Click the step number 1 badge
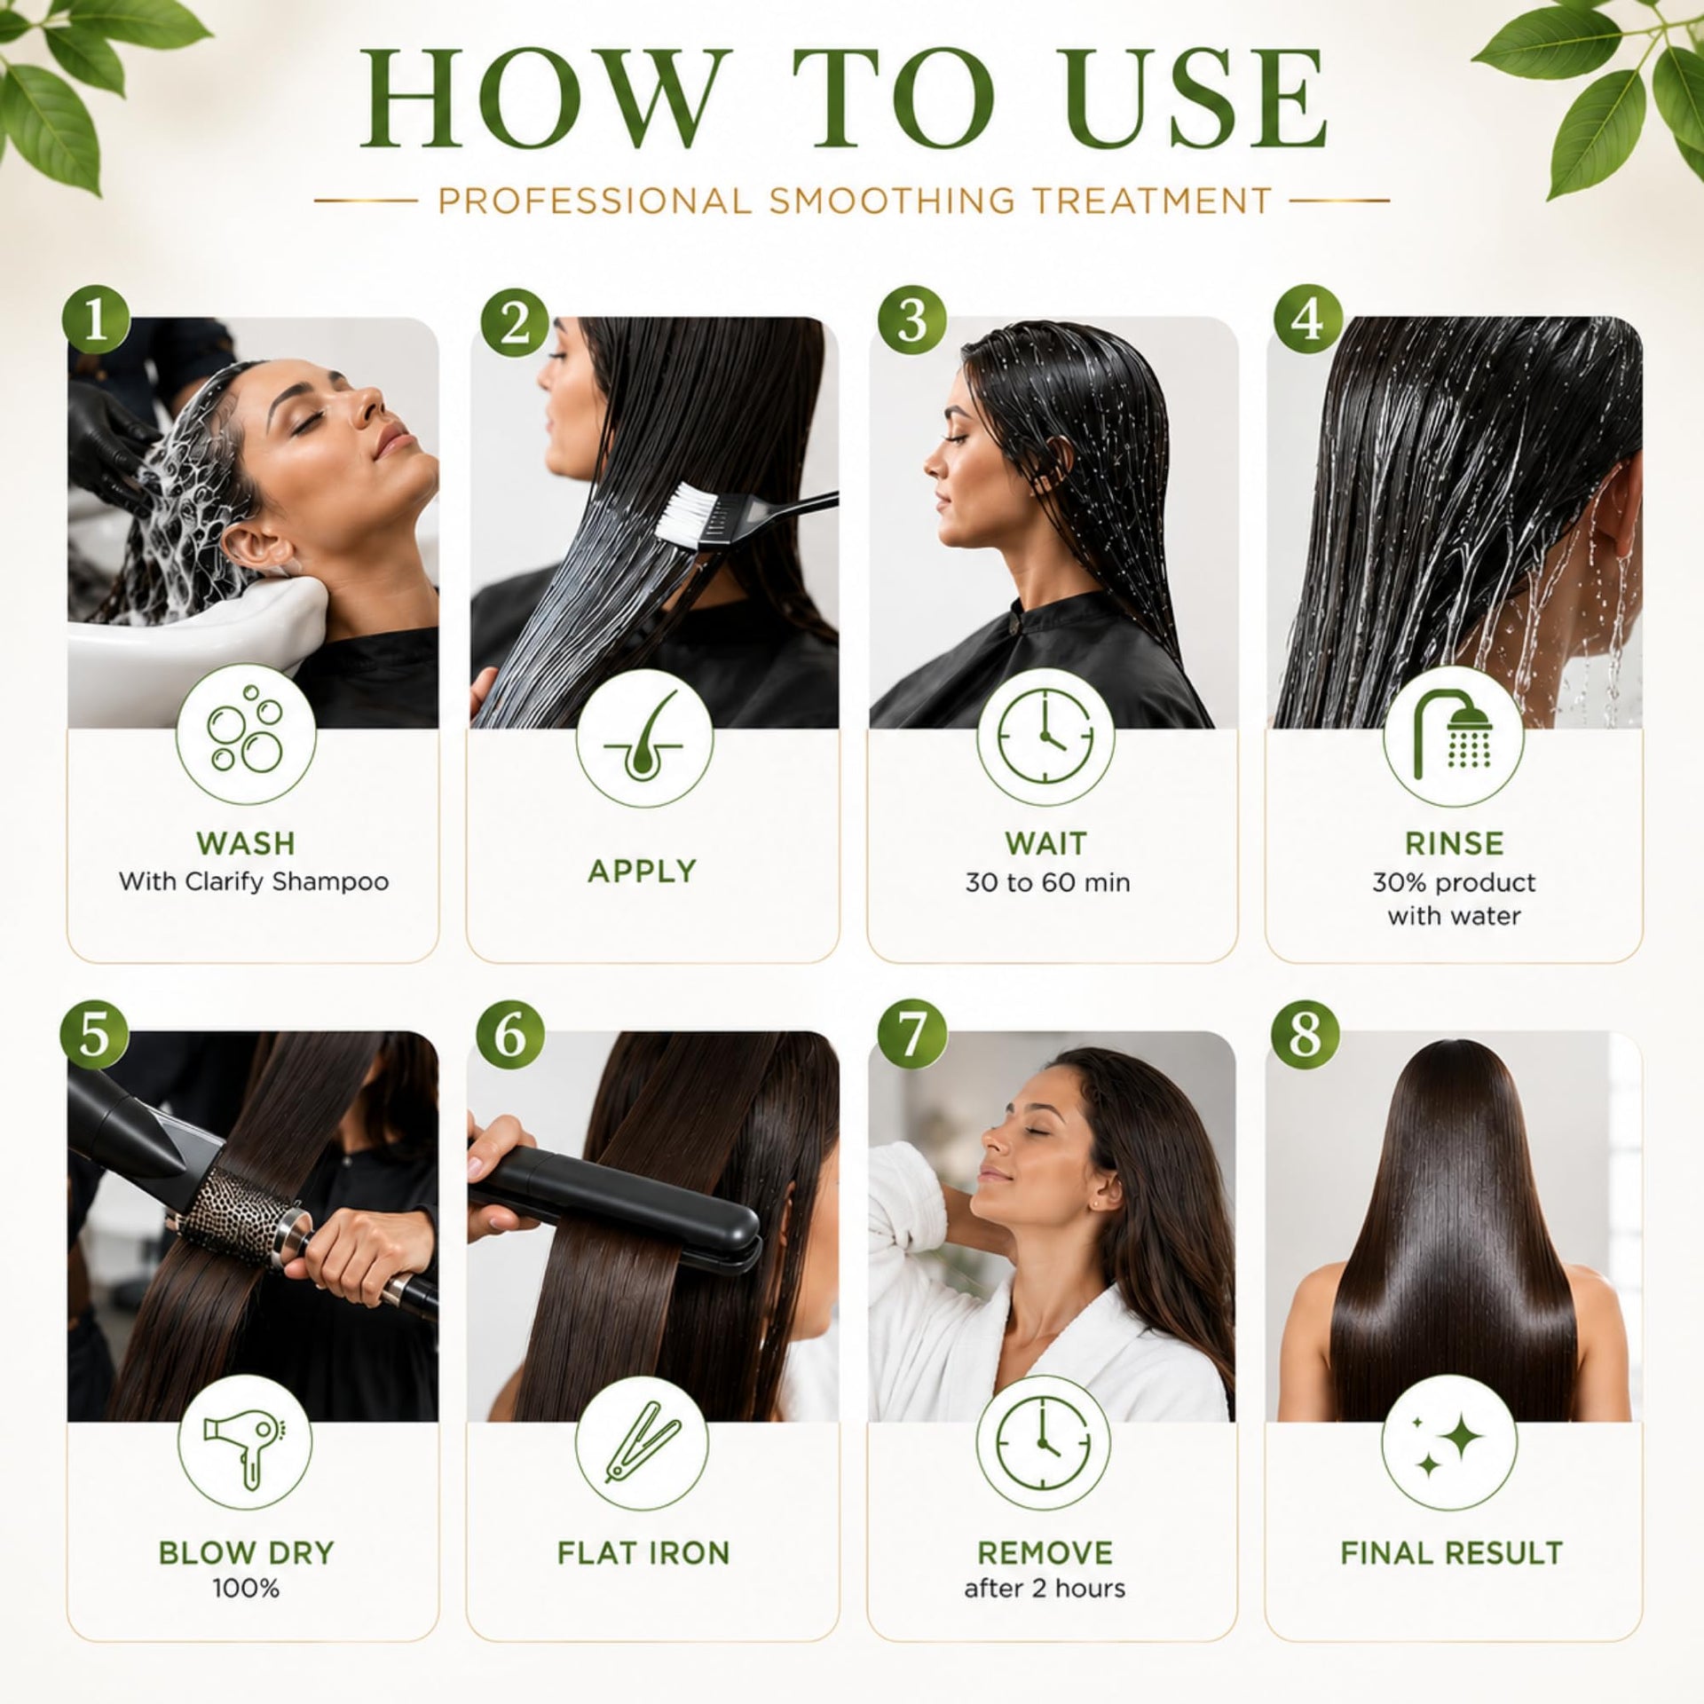coord(96,322)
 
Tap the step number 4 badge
coord(1306,320)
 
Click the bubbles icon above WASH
coord(244,736)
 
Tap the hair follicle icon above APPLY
coord(643,736)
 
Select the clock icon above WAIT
coord(1045,737)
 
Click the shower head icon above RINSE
coord(1453,735)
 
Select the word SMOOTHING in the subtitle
coord(891,201)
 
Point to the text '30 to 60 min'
coord(1047,882)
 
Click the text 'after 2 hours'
coord(1045,1589)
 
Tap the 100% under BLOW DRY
coord(246,1589)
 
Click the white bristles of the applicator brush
coord(689,514)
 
